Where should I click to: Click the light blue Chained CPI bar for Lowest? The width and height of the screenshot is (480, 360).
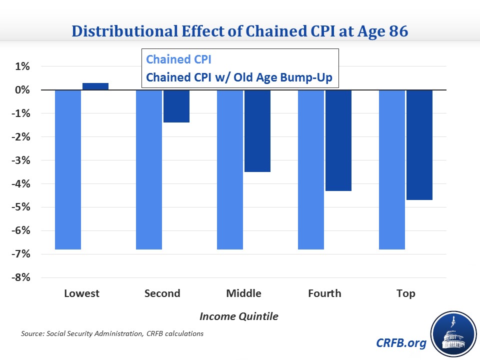pos(68,169)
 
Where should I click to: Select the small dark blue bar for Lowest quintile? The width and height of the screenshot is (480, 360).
pos(95,86)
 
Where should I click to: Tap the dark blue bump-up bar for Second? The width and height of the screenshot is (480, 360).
pos(176,106)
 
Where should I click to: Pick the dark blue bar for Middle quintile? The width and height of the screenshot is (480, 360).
pos(257,131)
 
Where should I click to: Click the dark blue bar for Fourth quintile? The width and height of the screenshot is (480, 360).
pos(338,140)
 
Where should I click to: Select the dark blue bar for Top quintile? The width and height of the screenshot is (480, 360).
pos(419,145)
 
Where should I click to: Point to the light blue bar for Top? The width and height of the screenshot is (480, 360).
pos(392,169)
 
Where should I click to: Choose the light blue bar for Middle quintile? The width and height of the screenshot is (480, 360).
pos(230,169)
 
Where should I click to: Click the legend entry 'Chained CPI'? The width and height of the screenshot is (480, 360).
pos(179,59)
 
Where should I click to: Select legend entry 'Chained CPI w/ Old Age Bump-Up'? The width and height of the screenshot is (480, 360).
pos(239,77)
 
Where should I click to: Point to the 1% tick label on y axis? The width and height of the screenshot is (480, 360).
pos(22,66)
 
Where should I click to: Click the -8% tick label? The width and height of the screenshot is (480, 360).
pos(21,277)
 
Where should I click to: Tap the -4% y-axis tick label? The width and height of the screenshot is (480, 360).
pos(21,183)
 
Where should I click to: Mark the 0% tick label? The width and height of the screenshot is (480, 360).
pos(22,89)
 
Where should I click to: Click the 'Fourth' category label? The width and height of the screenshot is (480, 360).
pos(324,293)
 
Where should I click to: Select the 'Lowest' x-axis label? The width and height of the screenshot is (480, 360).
pos(81,293)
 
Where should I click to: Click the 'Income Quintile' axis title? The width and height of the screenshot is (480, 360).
pos(239,316)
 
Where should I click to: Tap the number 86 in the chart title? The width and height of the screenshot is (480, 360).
pos(398,31)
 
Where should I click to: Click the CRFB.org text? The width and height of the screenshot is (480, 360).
pos(401,343)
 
